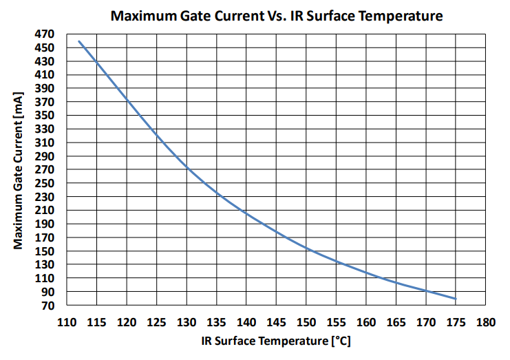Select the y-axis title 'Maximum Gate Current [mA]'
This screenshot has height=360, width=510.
19,169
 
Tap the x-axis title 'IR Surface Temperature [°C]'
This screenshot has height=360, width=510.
276,341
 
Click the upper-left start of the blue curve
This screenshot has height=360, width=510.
79,41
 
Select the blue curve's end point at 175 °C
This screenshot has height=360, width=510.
456,299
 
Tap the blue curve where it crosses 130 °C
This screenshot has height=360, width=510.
187,167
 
